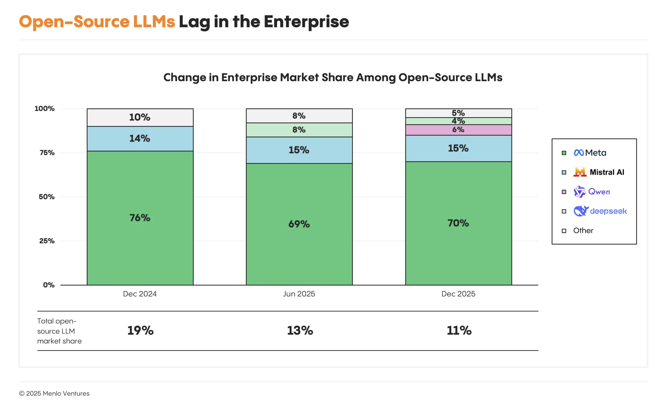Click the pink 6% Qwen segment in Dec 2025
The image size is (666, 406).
point(458,130)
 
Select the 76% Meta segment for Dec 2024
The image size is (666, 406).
point(140,218)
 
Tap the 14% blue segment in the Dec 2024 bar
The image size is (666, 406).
point(140,139)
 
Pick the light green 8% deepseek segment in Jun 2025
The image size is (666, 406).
point(299,130)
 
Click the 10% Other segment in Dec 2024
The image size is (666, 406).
point(140,117)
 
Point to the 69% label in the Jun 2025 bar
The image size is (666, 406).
point(299,224)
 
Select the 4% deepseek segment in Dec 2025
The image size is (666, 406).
point(458,121)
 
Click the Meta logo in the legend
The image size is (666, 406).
point(579,153)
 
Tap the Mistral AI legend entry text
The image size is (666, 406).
point(607,172)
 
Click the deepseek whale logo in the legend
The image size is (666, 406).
point(581,211)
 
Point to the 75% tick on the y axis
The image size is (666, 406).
point(47,153)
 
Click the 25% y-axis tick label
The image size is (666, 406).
point(47,241)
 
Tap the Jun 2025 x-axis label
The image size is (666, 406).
point(299,294)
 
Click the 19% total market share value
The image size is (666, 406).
point(140,331)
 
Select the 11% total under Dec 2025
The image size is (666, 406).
point(459,331)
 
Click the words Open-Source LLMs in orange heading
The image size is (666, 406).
point(97,22)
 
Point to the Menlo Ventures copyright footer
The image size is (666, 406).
point(54,393)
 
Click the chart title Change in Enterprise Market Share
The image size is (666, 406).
point(333,77)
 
